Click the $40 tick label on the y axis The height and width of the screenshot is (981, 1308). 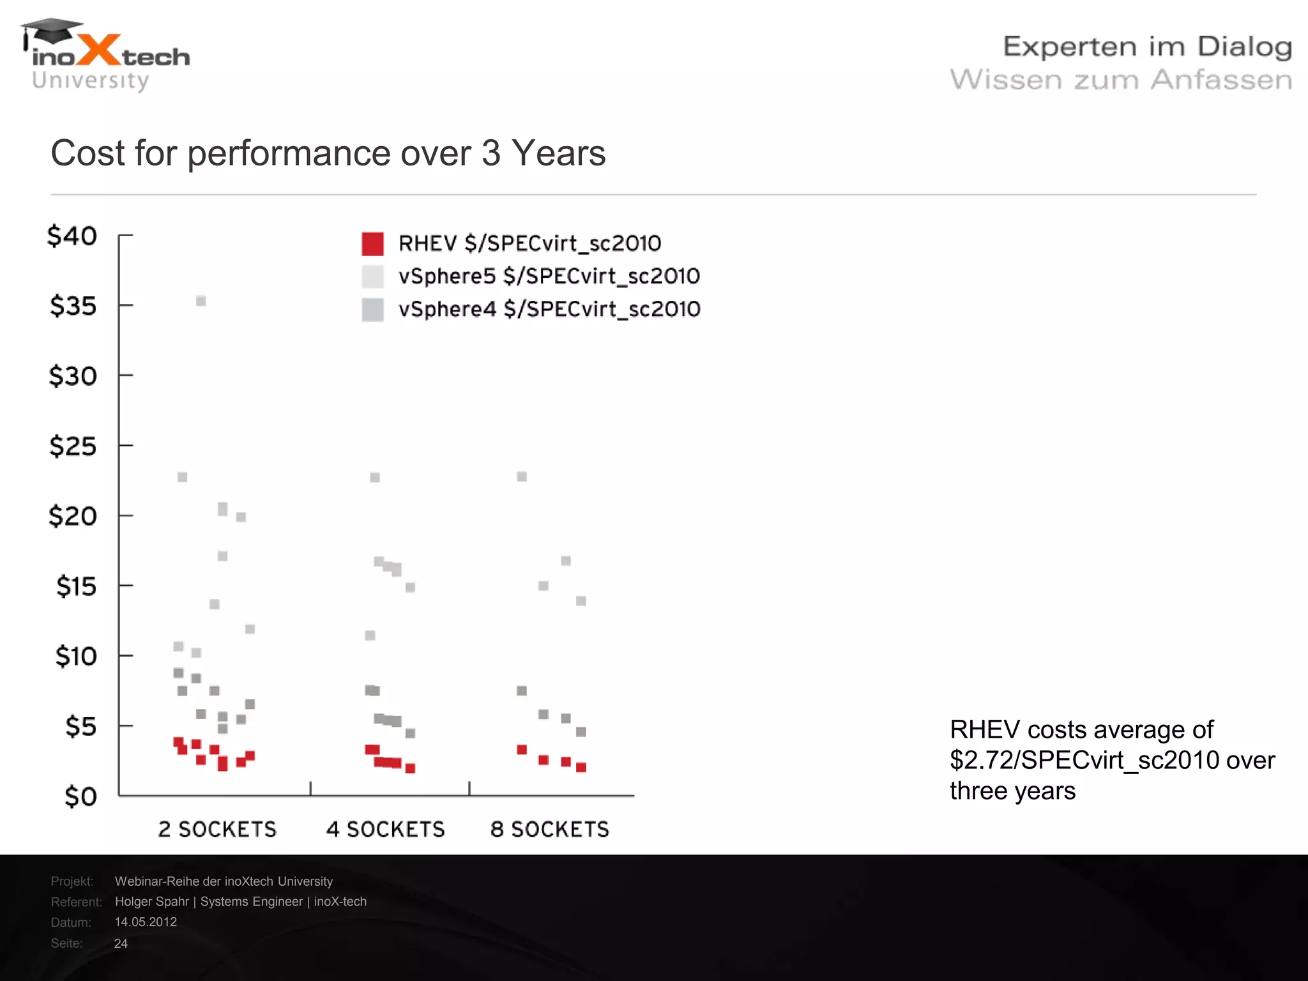point(72,236)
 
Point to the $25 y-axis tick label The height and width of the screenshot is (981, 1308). point(73,446)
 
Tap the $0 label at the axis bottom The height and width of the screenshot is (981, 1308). point(80,796)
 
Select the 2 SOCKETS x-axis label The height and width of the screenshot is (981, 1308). point(217,830)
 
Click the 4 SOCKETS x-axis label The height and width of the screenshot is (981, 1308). point(385,830)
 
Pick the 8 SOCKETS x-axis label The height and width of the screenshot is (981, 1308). point(550,830)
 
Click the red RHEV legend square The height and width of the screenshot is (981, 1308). point(372,243)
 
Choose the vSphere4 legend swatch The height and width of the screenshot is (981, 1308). point(372,310)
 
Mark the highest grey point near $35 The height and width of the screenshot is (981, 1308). point(201,301)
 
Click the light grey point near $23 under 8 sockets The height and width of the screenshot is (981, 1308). point(522,476)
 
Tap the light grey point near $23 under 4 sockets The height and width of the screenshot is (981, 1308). point(375,477)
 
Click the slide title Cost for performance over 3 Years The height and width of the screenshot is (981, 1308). point(328,153)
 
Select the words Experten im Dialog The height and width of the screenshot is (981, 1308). point(1147,47)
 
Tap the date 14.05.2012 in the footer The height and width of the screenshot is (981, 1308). point(146,922)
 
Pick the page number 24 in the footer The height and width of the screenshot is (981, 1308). point(121,943)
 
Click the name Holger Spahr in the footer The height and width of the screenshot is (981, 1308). point(152,901)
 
